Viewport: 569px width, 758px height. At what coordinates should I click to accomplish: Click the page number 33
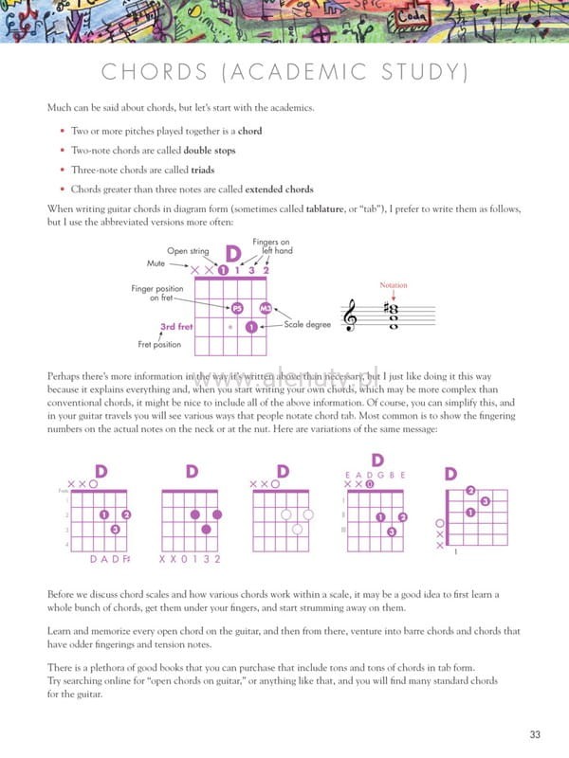point(536,734)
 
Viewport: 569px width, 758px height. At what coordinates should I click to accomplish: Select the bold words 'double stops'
point(210,151)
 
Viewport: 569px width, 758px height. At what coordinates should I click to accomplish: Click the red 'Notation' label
point(393,284)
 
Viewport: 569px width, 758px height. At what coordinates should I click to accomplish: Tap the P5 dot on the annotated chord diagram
point(237,308)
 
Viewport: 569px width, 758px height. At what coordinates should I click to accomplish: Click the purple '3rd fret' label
point(176,327)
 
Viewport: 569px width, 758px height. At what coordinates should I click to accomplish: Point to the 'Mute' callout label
point(156,262)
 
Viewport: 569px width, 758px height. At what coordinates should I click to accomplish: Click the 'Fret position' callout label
point(159,344)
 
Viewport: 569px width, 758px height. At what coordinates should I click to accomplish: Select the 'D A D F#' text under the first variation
point(109,559)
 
